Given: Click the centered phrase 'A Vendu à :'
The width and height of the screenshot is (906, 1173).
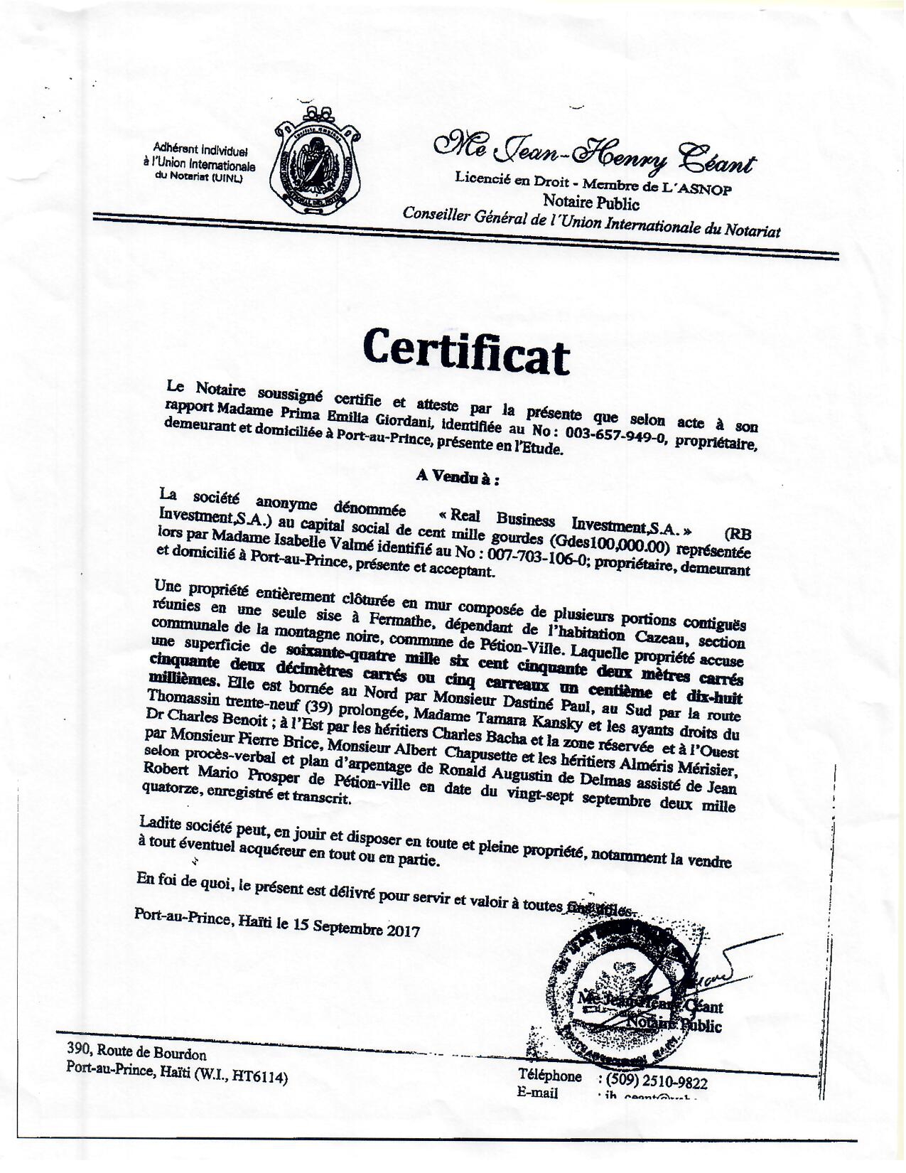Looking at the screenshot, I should (458, 478).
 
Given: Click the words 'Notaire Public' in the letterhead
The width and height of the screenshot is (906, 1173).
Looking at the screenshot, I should (591, 204).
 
